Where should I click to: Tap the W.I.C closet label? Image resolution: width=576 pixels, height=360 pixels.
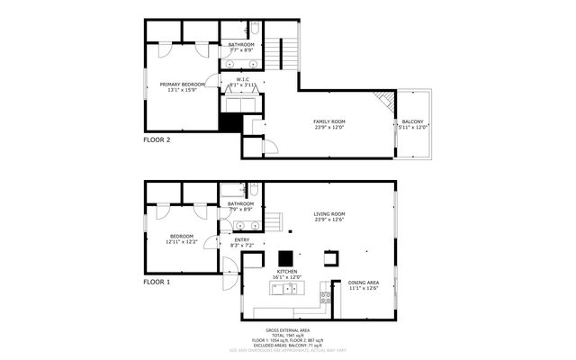(x=242, y=78)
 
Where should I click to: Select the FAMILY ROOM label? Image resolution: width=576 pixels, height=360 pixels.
(x=329, y=121)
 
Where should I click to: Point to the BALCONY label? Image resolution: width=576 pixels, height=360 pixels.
(x=413, y=121)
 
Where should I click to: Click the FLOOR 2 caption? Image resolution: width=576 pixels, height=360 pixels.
(x=157, y=140)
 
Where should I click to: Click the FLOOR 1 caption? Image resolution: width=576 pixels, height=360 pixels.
(x=157, y=282)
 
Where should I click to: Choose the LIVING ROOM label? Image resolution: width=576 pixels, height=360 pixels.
(x=329, y=213)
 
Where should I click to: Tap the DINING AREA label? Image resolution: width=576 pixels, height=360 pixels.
(x=364, y=283)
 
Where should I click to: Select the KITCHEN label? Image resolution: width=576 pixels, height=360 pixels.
(x=287, y=271)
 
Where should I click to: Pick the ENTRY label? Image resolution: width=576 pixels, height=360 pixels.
(x=241, y=239)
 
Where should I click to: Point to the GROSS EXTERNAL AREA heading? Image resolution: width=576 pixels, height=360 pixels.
(x=287, y=330)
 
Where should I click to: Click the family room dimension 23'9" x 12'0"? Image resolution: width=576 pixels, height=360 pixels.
(x=329, y=127)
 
